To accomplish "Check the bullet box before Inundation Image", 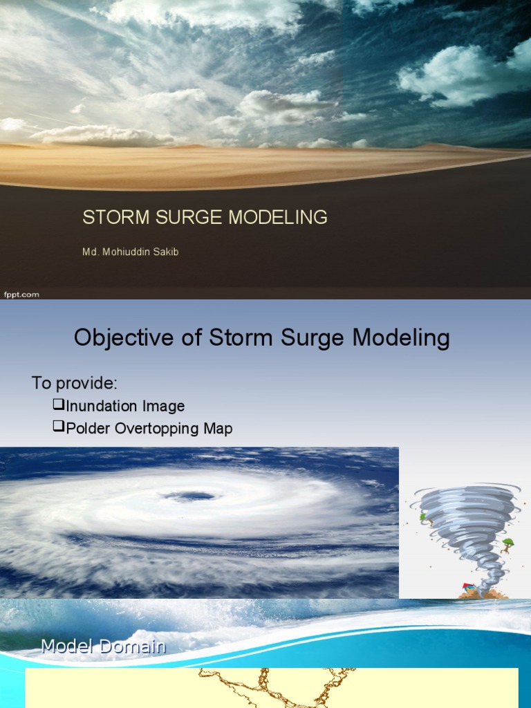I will (x=58, y=405).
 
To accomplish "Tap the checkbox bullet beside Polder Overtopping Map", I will (x=58, y=427).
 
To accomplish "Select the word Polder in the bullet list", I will (x=88, y=428).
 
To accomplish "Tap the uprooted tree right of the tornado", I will (x=508, y=546).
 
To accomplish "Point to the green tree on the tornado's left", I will (x=423, y=516).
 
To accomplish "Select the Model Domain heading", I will (x=103, y=647).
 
